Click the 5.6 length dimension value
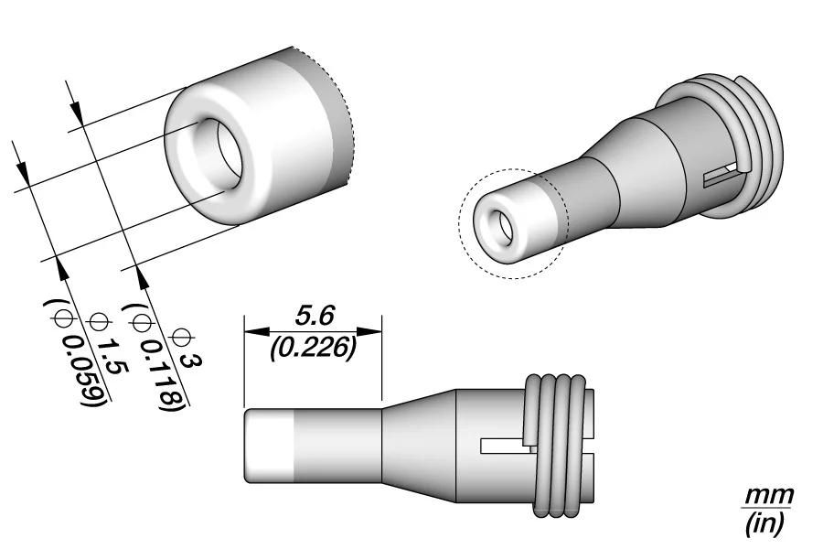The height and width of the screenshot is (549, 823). pyautogui.click(x=315, y=316)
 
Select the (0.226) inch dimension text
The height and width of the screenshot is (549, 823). pyautogui.click(x=314, y=348)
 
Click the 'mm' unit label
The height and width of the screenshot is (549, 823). pyautogui.click(x=769, y=494)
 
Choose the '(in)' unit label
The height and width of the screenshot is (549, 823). pyautogui.click(x=765, y=522)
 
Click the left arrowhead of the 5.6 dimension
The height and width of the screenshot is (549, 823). pyautogui.click(x=257, y=331)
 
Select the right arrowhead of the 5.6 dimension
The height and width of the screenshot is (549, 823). pyautogui.click(x=369, y=331)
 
